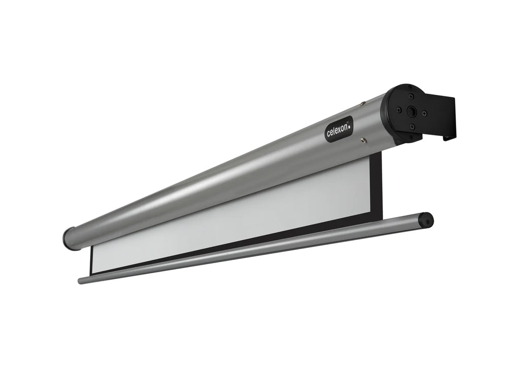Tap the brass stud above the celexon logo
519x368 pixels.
coord(363,104)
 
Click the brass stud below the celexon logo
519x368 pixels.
coord(364,140)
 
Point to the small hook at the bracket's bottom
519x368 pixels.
coord(449,138)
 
